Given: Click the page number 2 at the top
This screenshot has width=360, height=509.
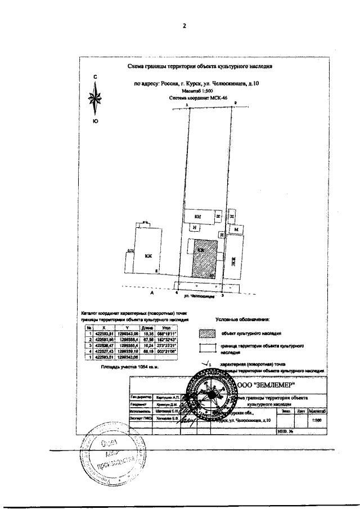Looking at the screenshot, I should (x=184, y=26).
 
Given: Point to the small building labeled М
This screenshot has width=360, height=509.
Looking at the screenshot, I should (x=237, y=229).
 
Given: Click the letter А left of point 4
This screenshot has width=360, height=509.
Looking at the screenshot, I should (x=152, y=293).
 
